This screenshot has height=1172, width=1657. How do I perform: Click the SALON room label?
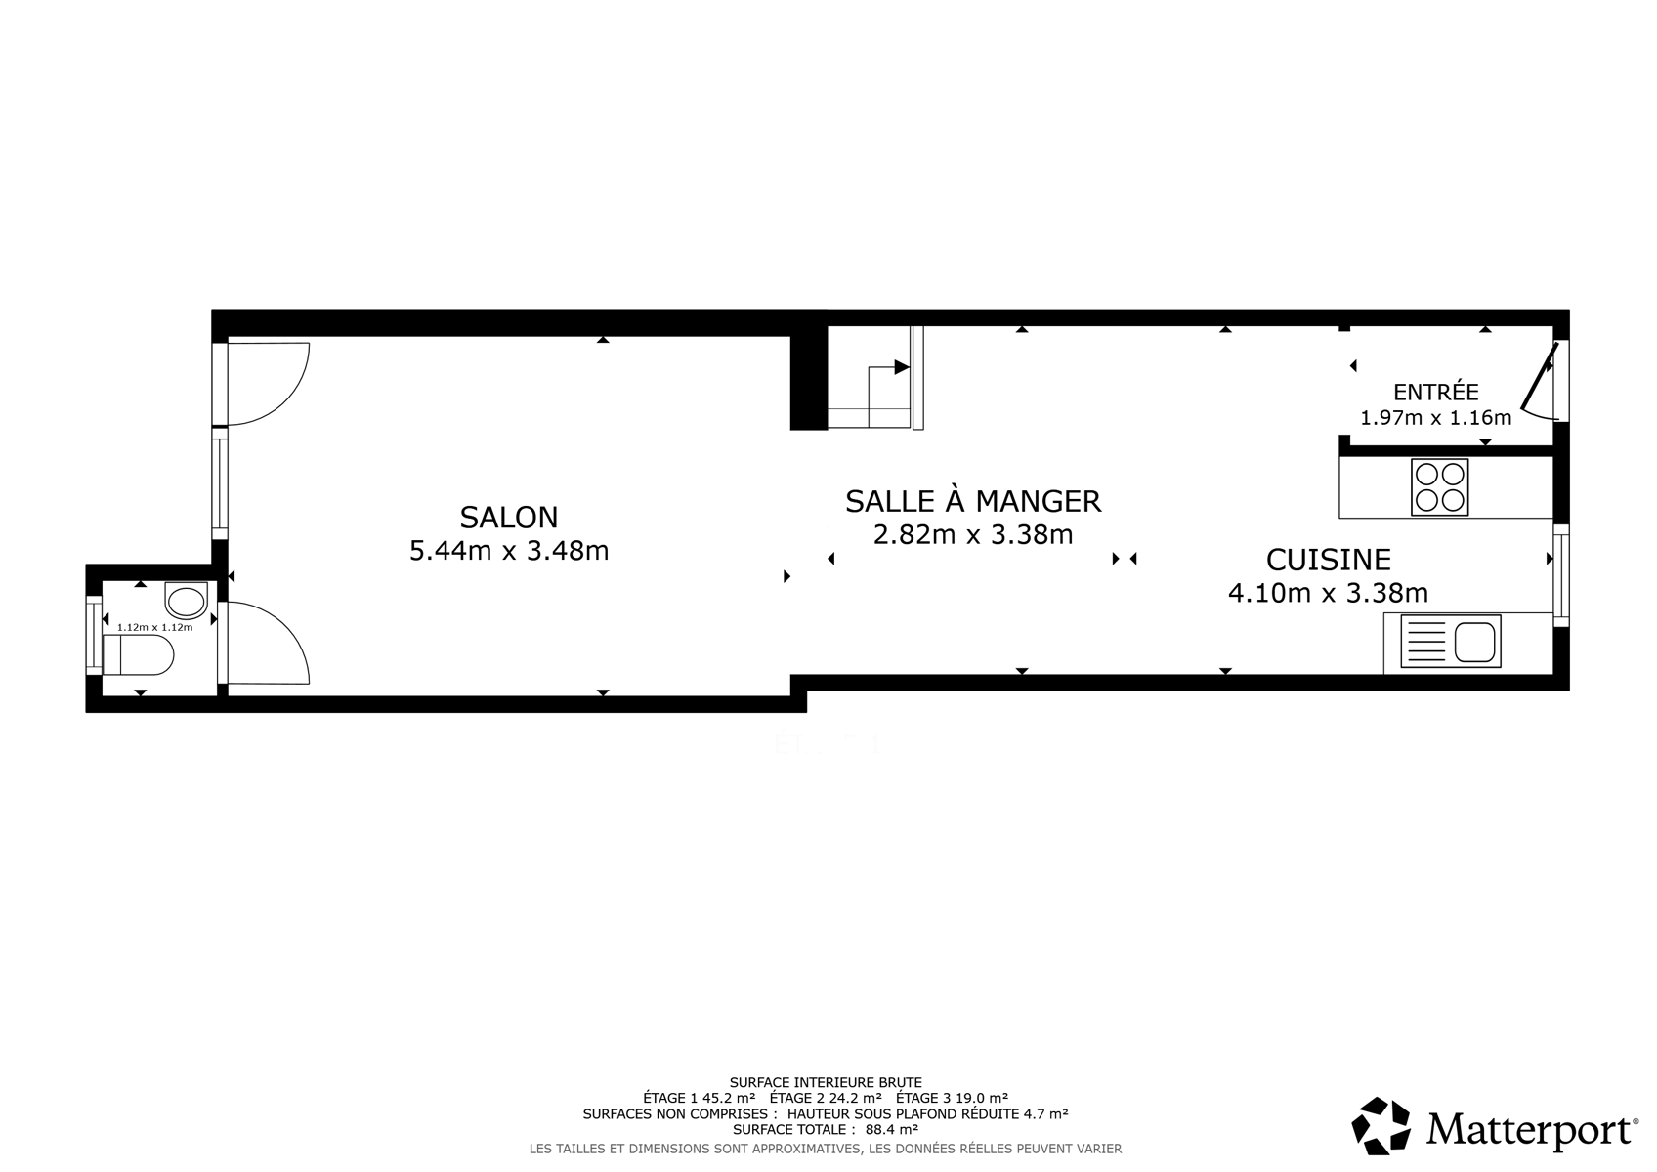[x=509, y=518]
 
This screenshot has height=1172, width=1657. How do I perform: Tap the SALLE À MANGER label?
[x=973, y=501]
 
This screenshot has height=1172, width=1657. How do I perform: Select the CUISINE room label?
[x=1329, y=560]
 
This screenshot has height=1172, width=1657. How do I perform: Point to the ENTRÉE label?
[x=1436, y=392]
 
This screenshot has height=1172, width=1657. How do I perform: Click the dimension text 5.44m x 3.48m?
[x=509, y=551]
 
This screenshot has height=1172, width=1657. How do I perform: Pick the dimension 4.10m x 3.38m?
[x=1329, y=593]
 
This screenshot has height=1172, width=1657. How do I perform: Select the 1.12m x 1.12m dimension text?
[x=154, y=627]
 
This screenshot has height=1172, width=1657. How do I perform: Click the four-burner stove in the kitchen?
[x=1439, y=487]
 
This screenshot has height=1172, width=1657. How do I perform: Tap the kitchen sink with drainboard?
[x=1451, y=641]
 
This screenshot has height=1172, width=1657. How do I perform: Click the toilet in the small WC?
[x=139, y=654]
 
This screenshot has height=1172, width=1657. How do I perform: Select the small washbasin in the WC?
[x=186, y=601]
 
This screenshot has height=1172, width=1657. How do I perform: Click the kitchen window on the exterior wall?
[x=1560, y=575]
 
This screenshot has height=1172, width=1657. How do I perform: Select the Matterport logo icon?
[x=1381, y=1126]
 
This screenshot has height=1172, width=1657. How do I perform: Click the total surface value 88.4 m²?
[x=891, y=1129]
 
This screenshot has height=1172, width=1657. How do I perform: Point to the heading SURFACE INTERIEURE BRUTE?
[x=826, y=1082]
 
